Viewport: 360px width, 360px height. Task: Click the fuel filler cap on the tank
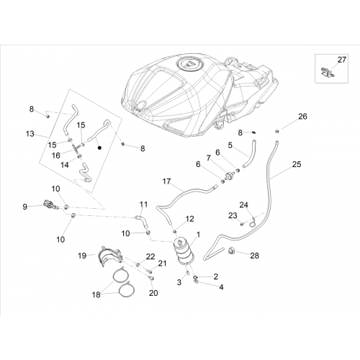[191, 65]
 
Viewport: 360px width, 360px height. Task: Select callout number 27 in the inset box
[342, 60]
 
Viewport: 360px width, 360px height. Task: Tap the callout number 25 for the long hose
[297, 164]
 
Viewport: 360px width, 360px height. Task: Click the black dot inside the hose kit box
[99, 148]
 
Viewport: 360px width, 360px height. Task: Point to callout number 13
[30, 134]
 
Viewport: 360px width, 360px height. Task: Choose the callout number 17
[166, 181]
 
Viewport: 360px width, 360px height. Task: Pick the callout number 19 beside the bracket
[82, 256]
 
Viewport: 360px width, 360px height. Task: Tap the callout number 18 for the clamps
[96, 294]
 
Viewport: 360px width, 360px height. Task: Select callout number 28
[254, 256]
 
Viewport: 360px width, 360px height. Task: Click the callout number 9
[24, 207]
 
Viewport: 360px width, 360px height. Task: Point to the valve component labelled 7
[230, 176]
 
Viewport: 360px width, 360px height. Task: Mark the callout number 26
[302, 117]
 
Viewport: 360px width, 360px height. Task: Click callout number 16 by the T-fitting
[56, 156]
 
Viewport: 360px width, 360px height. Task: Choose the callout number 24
[243, 205]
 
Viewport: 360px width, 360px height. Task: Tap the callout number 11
[143, 204]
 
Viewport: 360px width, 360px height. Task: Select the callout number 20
[153, 293]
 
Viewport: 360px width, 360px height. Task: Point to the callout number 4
[221, 287]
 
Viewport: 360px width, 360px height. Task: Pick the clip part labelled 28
[232, 251]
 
